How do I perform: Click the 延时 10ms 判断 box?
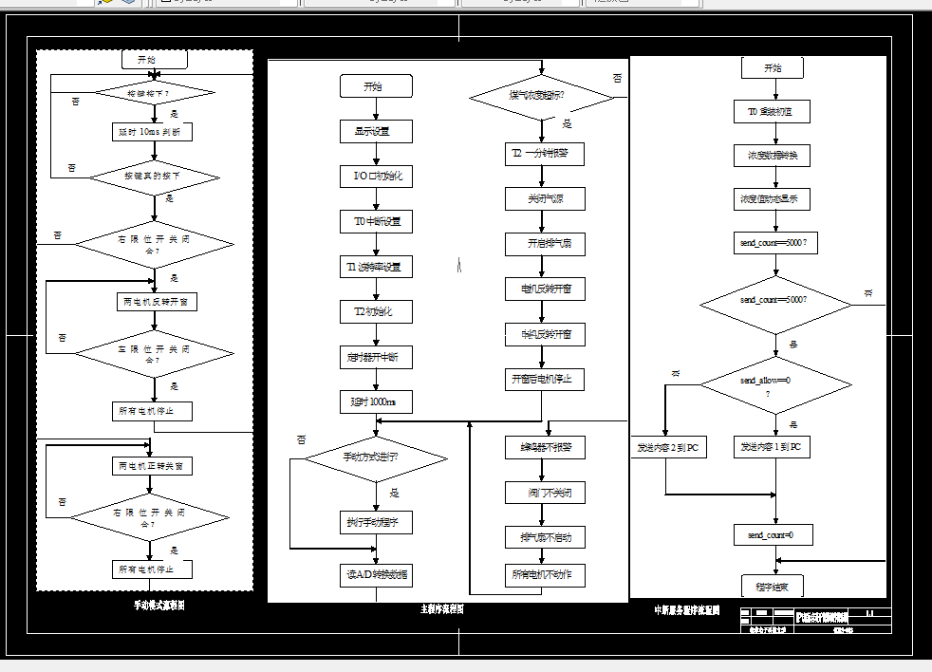(x=152, y=132)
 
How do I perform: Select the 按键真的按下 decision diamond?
(x=153, y=177)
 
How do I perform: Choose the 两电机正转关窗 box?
(x=153, y=466)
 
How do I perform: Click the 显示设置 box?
(x=377, y=131)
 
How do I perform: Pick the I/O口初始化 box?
(x=377, y=177)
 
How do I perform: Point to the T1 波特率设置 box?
(x=377, y=267)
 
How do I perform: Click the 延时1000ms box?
(x=377, y=402)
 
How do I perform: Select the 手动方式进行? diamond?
(x=376, y=457)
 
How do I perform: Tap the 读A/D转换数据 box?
(x=377, y=574)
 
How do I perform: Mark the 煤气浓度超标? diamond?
(x=543, y=96)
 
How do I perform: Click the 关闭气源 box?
(x=544, y=198)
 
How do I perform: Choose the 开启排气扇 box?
(x=544, y=244)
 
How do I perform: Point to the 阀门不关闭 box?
(x=544, y=492)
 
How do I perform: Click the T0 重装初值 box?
(x=773, y=112)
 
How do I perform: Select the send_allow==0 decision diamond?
(x=775, y=384)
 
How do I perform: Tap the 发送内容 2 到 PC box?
(x=667, y=447)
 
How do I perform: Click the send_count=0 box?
(x=774, y=535)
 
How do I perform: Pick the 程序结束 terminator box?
(x=773, y=586)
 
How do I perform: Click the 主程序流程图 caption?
(x=442, y=609)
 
